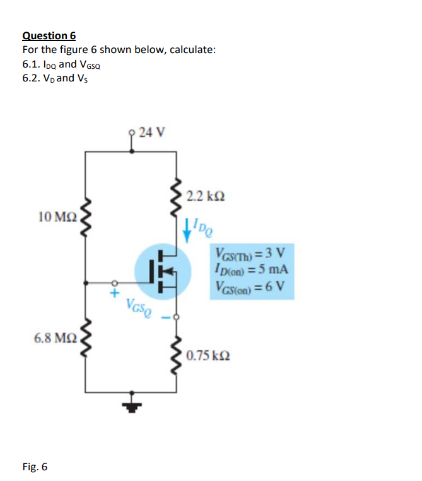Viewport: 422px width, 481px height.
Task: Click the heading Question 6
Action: pos(49,36)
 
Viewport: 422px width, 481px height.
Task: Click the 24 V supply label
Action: pos(152,133)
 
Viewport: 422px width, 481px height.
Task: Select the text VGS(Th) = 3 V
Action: pos(250,254)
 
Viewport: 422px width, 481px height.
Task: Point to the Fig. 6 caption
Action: pos(34,467)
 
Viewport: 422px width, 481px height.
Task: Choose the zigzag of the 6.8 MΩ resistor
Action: pos(86,341)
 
